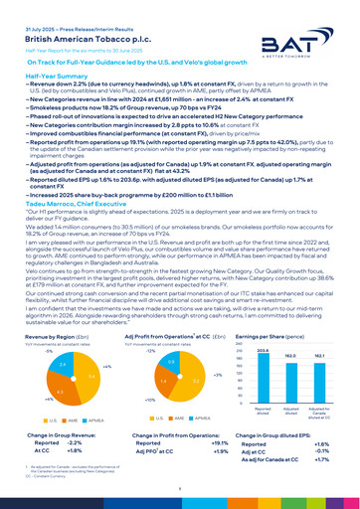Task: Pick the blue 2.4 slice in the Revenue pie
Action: pos(35,338)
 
